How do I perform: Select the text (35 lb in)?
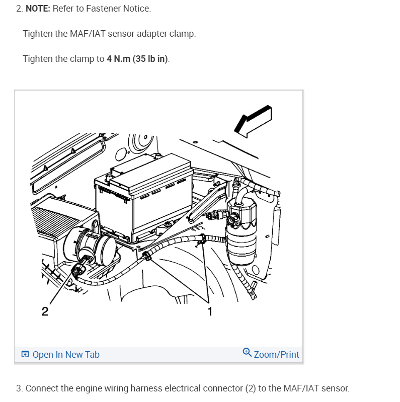pyautogui.click(x=150, y=59)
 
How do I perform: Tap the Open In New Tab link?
pyautogui.click(x=65, y=354)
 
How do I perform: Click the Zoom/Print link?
pyautogui.click(x=276, y=354)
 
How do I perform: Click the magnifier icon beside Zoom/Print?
pyautogui.click(x=247, y=352)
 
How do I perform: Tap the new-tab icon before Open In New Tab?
pyautogui.click(x=25, y=355)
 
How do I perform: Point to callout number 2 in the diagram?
pyautogui.click(x=45, y=311)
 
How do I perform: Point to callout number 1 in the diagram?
pyautogui.click(x=210, y=311)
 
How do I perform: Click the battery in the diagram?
pyautogui.click(x=143, y=199)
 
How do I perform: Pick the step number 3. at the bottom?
pyautogui.click(x=19, y=388)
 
